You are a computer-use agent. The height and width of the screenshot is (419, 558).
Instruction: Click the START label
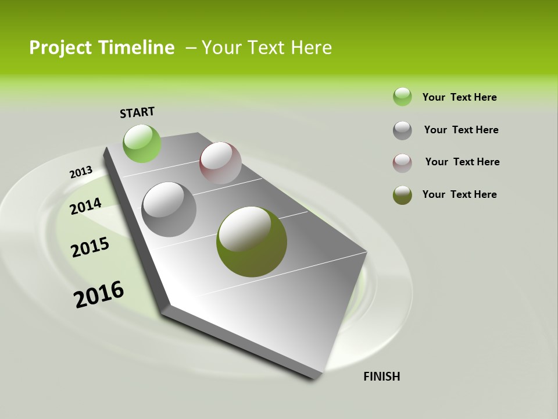(x=137, y=112)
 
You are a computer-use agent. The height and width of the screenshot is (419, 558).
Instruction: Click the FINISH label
(x=382, y=377)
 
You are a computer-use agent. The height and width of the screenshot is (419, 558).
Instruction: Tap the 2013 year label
(x=81, y=172)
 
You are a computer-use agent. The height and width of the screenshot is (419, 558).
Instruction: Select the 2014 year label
(x=85, y=206)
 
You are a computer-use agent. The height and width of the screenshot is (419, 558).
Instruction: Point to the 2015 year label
(x=90, y=247)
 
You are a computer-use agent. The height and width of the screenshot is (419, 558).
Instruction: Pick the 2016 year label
(x=99, y=294)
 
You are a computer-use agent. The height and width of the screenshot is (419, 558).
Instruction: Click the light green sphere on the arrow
(x=142, y=143)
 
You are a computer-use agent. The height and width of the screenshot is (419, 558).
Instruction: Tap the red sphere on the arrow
(x=220, y=163)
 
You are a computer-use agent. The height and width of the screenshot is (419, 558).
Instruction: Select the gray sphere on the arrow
(x=169, y=210)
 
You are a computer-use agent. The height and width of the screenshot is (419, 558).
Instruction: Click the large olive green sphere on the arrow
(x=252, y=242)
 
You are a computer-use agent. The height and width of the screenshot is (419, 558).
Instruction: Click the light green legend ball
(x=402, y=97)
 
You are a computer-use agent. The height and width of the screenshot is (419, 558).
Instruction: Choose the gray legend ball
(x=402, y=130)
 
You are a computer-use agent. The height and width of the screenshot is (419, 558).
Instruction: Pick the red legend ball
(x=402, y=163)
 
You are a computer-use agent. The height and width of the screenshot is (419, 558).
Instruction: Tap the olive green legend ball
(x=402, y=195)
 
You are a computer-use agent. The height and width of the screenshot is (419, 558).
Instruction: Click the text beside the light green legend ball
(x=460, y=97)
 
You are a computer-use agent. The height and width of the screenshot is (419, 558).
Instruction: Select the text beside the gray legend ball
(x=462, y=130)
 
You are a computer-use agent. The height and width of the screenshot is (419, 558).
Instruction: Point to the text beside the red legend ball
(x=463, y=162)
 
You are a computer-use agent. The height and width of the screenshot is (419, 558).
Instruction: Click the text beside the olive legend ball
(x=460, y=194)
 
